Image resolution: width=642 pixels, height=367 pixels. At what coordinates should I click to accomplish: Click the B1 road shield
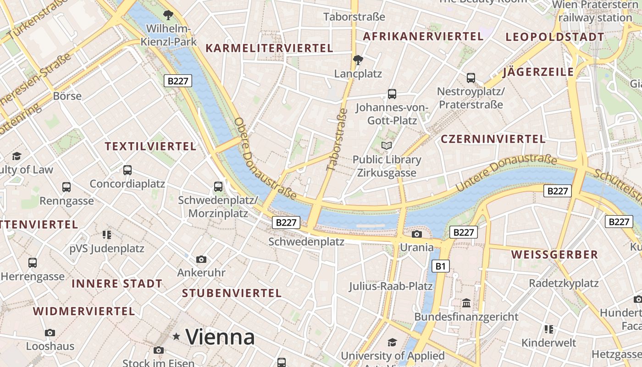coord(441,266)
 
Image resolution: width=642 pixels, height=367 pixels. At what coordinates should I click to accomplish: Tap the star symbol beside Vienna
coord(176,337)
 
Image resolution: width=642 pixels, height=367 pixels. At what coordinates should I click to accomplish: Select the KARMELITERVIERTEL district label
coord(269,48)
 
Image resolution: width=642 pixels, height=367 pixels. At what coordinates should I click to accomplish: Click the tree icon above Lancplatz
coord(358,60)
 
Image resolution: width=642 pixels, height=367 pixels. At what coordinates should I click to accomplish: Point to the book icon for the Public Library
coord(387,146)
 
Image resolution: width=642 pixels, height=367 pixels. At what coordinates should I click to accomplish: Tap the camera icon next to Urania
coord(416,234)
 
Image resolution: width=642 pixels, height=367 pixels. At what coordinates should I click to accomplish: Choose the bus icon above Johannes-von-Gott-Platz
coord(392,94)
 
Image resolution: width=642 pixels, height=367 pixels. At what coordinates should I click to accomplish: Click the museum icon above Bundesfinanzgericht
coord(466,303)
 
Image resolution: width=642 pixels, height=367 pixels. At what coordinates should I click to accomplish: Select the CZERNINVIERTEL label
coord(493,139)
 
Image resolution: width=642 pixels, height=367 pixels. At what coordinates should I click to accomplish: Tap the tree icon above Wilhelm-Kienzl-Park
coord(168,15)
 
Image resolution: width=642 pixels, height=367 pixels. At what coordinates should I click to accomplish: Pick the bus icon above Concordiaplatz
coord(127,170)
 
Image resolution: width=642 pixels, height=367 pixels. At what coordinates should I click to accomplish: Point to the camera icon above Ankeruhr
coord(201,260)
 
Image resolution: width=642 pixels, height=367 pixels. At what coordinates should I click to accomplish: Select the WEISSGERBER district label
coord(554,255)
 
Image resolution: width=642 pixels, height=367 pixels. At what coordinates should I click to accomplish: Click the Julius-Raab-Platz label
coord(391,286)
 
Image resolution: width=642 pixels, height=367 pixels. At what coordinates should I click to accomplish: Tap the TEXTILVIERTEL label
coord(150,146)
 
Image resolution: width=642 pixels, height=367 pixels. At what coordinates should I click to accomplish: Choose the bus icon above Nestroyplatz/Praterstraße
coord(471,78)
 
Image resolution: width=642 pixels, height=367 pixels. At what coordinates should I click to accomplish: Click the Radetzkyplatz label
coord(564,283)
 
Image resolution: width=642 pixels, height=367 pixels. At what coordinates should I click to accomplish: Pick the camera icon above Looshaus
coord(50,333)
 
